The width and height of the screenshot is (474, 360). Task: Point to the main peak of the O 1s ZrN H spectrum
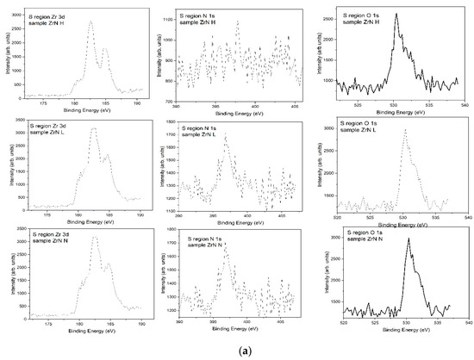point(396,15)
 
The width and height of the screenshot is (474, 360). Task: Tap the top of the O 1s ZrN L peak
point(405,130)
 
